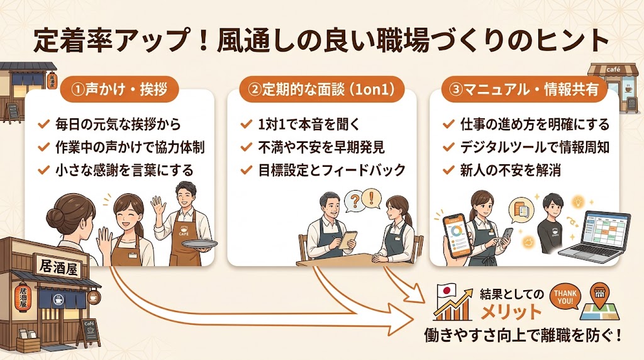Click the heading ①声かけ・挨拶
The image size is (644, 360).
tap(119, 90)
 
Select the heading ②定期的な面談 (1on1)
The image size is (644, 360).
tap(321, 90)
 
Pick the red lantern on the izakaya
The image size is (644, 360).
tap(23, 297)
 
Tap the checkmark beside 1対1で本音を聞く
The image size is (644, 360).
tap(246, 125)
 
